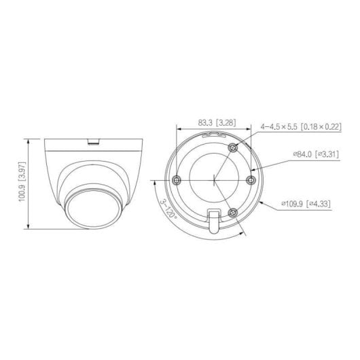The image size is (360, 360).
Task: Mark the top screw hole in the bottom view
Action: pos(232,147)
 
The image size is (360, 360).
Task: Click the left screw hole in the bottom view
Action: pos(177,179)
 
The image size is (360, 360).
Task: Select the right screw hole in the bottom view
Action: pos(251,179)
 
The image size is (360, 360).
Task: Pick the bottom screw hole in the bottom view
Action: pos(232,211)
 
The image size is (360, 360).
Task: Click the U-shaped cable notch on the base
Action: pos(213,221)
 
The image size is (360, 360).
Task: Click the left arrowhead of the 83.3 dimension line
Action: pos(177,129)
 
